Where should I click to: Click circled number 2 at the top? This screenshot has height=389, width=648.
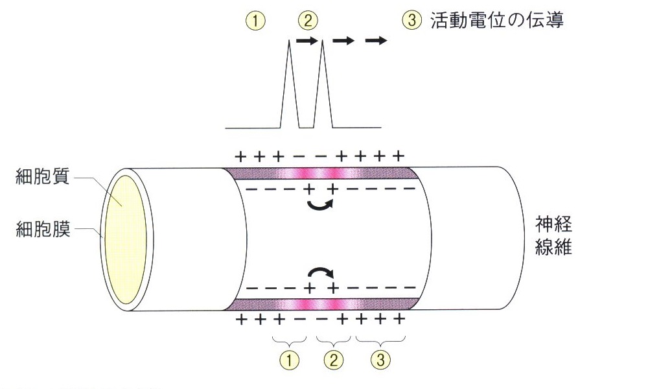pyautogui.click(x=307, y=21)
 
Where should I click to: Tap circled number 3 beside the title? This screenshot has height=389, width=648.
pyautogui.click(x=410, y=21)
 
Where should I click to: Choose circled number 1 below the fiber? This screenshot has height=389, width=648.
pyautogui.click(x=290, y=359)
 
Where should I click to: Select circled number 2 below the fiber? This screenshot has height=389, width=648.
pyautogui.click(x=334, y=359)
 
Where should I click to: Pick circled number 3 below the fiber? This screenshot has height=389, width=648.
pyautogui.click(x=380, y=359)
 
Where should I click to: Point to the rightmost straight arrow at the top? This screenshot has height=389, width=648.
pyautogui.click(x=376, y=41)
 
